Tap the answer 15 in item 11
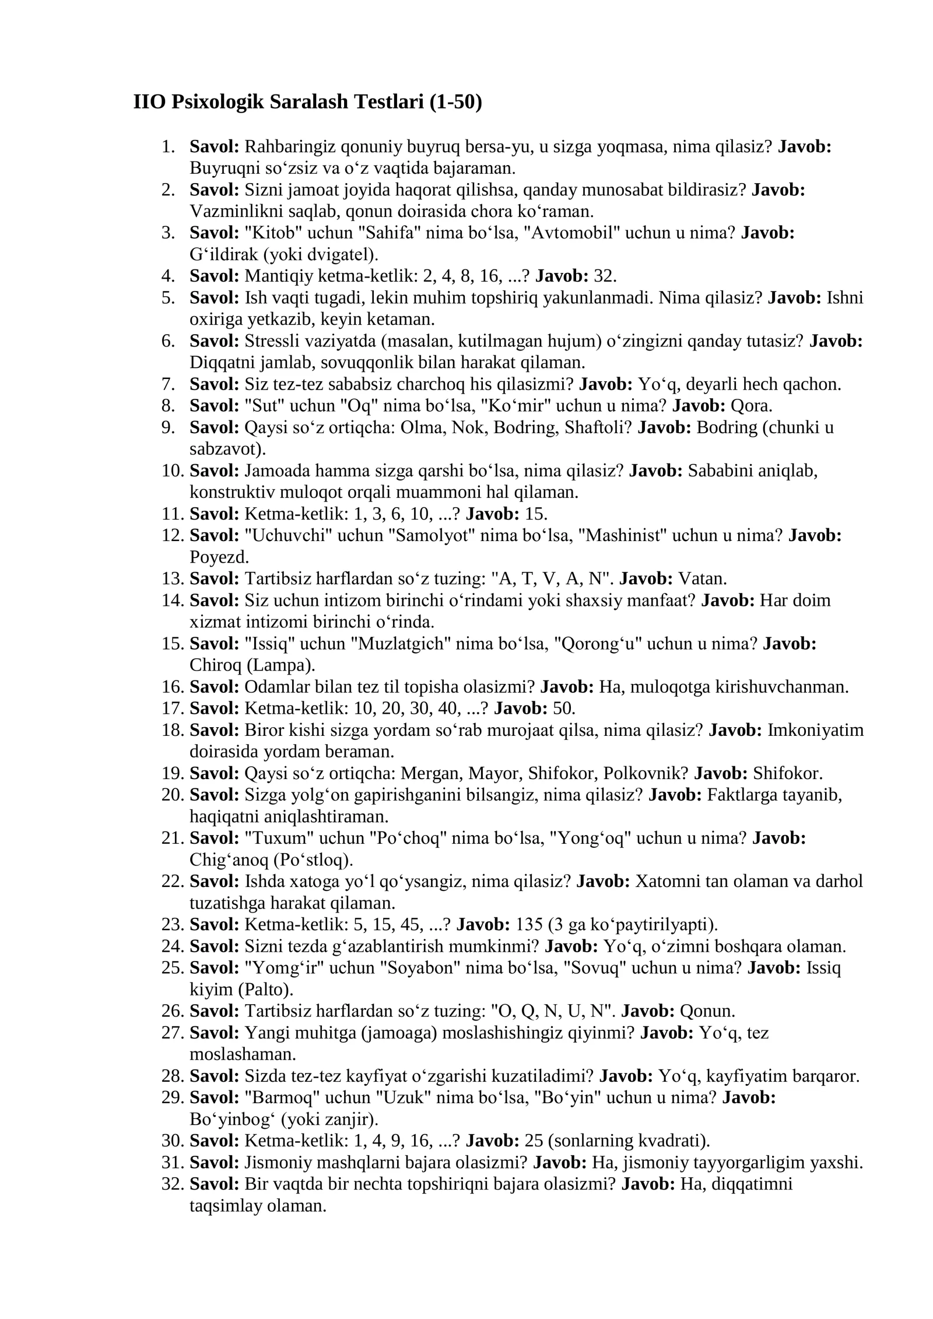[x=536, y=514]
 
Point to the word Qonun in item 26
[x=707, y=1011]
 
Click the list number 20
[x=172, y=795]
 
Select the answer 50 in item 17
[x=563, y=708]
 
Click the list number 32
[x=172, y=1184]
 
